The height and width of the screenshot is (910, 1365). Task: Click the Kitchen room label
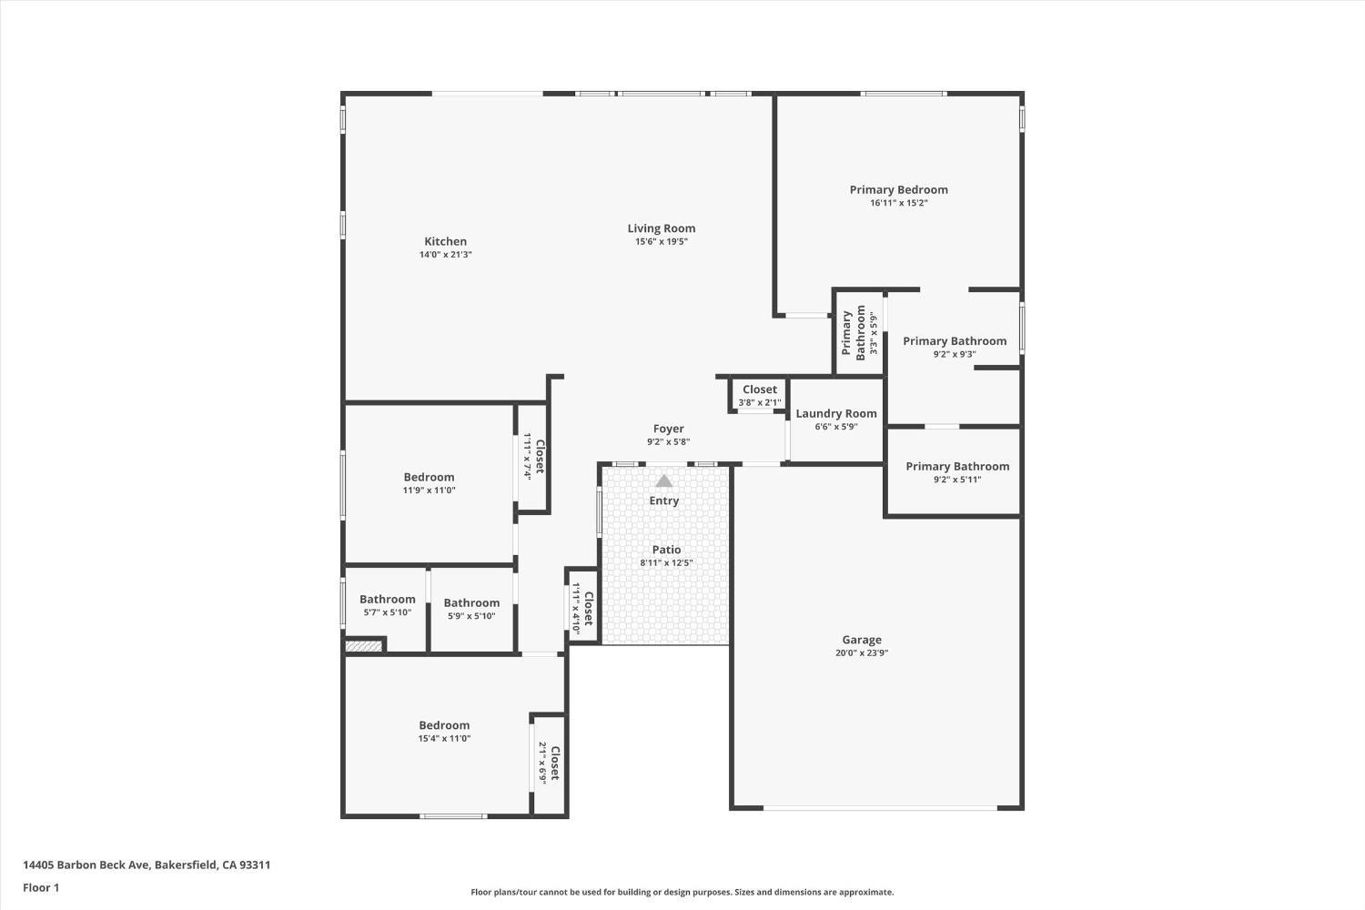pyautogui.click(x=446, y=241)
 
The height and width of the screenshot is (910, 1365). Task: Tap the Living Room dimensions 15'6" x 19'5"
pyautogui.click(x=662, y=242)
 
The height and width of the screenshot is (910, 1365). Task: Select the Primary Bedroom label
pyautogui.click(x=899, y=189)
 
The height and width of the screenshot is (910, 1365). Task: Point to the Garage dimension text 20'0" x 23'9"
pyautogui.click(x=862, y=653)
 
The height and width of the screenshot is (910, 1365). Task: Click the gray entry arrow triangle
pyautogui.click(x=663, y=480)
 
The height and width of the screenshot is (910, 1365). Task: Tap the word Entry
pyautogui.click(x=663, y=500)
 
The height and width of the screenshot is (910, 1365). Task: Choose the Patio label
pyautogui.click(x=666, y=549)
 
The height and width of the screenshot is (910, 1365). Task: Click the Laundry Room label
pyautogui.click(x=836, y=413)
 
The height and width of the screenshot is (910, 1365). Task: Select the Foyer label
pyautogui.click(x=669, y=430)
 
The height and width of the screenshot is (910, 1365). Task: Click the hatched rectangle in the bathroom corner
pyautogui.click(x=364, y=646)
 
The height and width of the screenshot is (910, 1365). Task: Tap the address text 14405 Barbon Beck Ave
pyautogui.click(x=86, y=864)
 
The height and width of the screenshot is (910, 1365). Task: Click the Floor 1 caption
pyautogui.click(x=41, y=888)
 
